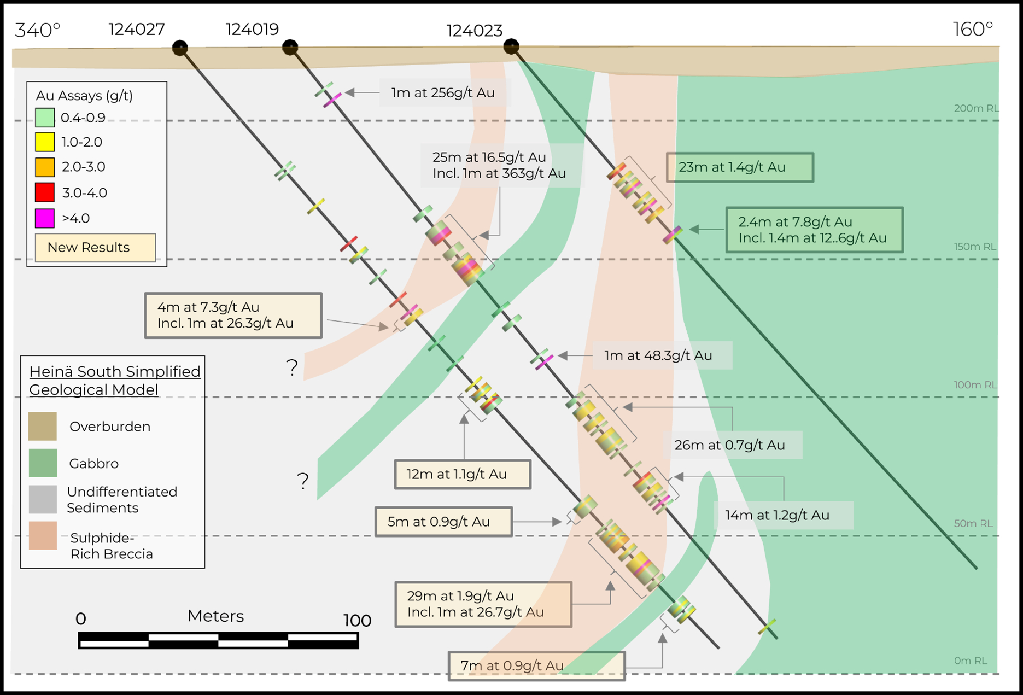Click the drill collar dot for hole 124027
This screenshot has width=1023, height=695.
180,48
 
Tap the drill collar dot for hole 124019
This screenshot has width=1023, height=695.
290,48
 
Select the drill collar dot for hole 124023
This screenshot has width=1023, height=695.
511,46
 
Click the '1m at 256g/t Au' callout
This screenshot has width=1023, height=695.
443,92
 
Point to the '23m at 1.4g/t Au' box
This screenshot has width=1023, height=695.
739,167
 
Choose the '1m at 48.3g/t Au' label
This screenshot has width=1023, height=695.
658,355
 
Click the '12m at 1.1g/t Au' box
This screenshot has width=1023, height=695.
462,474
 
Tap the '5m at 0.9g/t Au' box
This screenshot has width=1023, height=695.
443,522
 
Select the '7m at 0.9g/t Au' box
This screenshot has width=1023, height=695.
536,665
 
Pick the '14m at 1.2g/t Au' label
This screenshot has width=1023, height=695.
777,515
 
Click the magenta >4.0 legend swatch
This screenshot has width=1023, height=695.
45,218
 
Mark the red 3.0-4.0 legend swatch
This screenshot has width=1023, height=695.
45,192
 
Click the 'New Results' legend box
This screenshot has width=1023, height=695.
95,247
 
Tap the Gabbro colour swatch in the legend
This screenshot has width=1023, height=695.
43,463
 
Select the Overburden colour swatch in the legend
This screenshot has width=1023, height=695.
43,426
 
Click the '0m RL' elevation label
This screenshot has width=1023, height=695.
971,661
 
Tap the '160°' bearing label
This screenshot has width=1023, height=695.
973,29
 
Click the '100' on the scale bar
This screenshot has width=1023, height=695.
357,620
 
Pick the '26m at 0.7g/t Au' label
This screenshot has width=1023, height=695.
729,445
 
